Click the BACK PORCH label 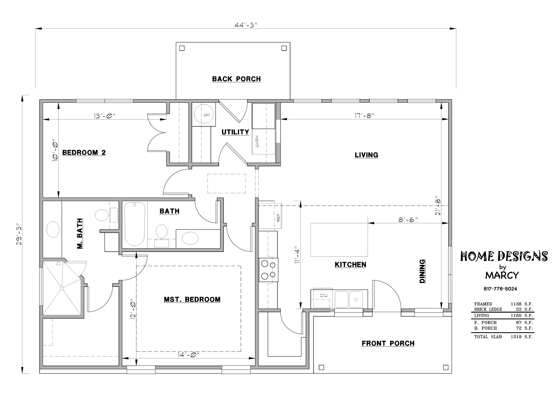[x=236, y=79]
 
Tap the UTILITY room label [x=235, y=132]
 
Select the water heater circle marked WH [x=204, y=114]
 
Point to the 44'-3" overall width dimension [x=246, y=25]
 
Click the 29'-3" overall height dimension [x=19, y=234]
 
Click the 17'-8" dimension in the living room [x=364, y=116]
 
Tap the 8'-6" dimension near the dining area [x=408, y=220]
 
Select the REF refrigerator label [x=278, y=217]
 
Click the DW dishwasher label [x=324, y=295]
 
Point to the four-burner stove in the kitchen [x=269, y=270]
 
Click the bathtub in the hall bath [x=135, y=224]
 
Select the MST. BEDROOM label [x=192, y=300]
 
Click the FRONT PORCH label [x=388, y=344]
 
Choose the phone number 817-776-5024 [x=500, y=289]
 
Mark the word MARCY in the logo [x=502, y=275]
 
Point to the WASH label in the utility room [x=257, y=142]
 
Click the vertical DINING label [x=422, y=271]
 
